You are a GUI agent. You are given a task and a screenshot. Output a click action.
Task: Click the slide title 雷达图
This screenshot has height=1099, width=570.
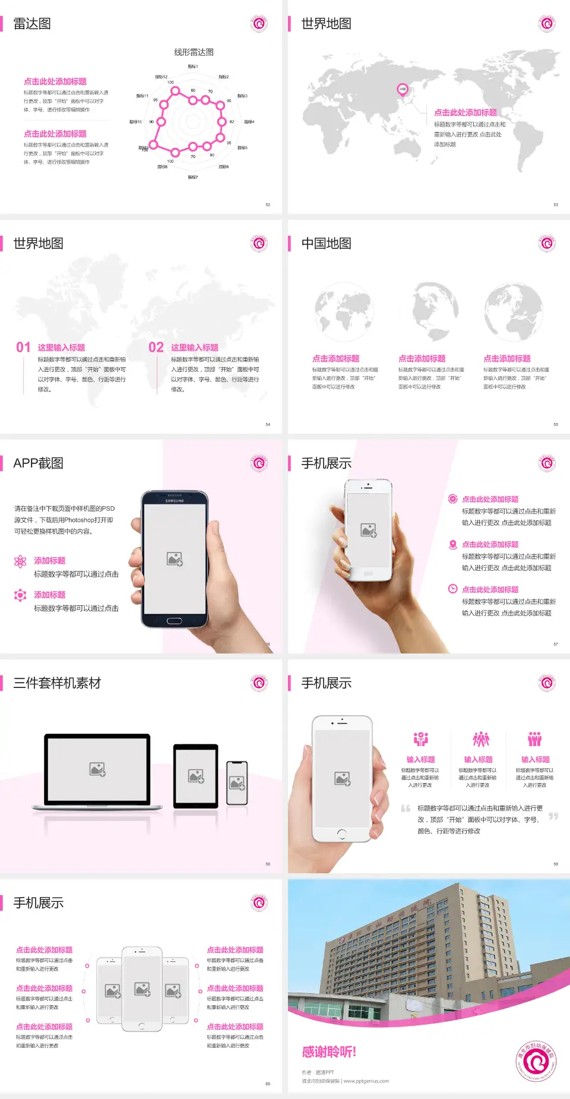click(x=32, y=24)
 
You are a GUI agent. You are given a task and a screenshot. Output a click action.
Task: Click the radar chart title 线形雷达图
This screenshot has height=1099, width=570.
click(x=194, y=52)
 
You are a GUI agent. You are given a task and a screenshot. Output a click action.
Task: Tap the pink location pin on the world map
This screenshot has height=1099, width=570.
click(x=403, y=90)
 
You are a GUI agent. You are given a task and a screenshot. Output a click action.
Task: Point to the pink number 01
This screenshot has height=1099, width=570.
click(x=23, y=348)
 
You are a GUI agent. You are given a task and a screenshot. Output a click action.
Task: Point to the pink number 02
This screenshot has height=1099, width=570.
click(x=156, y=348)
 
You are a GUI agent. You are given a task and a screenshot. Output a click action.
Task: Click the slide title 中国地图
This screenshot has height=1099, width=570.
click(x=326, y=244)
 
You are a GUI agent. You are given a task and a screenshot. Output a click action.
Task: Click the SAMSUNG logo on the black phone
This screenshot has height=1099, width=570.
click(x=175, y=501)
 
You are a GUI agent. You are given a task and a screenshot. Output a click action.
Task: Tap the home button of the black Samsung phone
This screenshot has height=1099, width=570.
click(x=174, y=621)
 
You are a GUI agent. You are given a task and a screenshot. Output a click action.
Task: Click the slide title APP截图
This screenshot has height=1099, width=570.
click(x=38, y=463)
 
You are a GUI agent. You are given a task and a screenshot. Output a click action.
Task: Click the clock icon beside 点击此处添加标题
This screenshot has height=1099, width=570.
click(x=452, y=589)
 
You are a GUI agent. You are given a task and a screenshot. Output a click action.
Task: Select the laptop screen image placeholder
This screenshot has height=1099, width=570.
click(x=97, y=769)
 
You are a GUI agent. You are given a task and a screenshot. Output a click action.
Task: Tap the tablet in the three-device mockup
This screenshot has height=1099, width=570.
click(x=196, y=775)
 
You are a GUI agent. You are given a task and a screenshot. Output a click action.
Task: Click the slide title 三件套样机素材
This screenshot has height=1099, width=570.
click(x=57, y=683)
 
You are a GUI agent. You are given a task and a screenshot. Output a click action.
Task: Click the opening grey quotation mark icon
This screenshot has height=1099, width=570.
click(x=406, y=809)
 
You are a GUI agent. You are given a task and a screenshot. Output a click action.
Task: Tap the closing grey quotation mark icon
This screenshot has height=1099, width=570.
click(x=553, y=816)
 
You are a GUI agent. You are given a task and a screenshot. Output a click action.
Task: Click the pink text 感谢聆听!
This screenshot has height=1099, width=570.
click(x=329, y=1052)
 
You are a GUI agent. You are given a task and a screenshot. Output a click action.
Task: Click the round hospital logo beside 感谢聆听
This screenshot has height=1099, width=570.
click(x=537, y=1061)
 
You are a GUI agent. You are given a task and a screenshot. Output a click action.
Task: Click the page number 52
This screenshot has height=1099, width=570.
click(x=268, y=204)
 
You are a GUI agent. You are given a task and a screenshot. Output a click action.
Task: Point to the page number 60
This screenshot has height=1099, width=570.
click(x=268, y=1084)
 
